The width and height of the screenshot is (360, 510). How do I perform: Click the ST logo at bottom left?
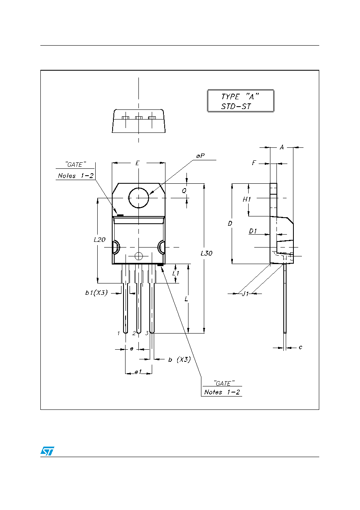click(x=47, y=451)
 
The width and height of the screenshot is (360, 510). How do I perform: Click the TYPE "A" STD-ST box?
click(x=241, y=101)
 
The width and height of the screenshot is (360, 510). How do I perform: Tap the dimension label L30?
click(x=206, y=253)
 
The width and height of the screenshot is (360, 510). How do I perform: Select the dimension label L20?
click(x=100, y=239)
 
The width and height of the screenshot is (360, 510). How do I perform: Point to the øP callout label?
click(x=201, y=156)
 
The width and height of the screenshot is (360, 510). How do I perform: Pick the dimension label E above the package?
click(x=137, y=163)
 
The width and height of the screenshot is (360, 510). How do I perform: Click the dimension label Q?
click(x=184, y=191)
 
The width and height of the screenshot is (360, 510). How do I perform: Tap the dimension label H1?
click(x=247, y=199)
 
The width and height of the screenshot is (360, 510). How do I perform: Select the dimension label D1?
click(x=253, y=231)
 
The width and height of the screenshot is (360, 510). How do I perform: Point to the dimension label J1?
click(x=245, y=294)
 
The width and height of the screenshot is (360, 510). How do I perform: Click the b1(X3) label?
click(x=96, y=293)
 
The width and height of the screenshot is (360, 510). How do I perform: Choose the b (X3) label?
click(x=179, y=359)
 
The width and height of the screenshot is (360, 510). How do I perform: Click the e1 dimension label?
click(x=138, y=372)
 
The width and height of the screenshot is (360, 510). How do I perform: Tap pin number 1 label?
click(x=118, y=334)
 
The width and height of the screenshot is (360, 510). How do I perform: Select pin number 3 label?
click(x=147, y=333)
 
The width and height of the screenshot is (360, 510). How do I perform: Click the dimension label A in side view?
click(x=282, y=147)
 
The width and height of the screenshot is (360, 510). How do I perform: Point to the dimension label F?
click(x=254, y=163)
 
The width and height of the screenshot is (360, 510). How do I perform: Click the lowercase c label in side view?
click(x=300, y=347)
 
